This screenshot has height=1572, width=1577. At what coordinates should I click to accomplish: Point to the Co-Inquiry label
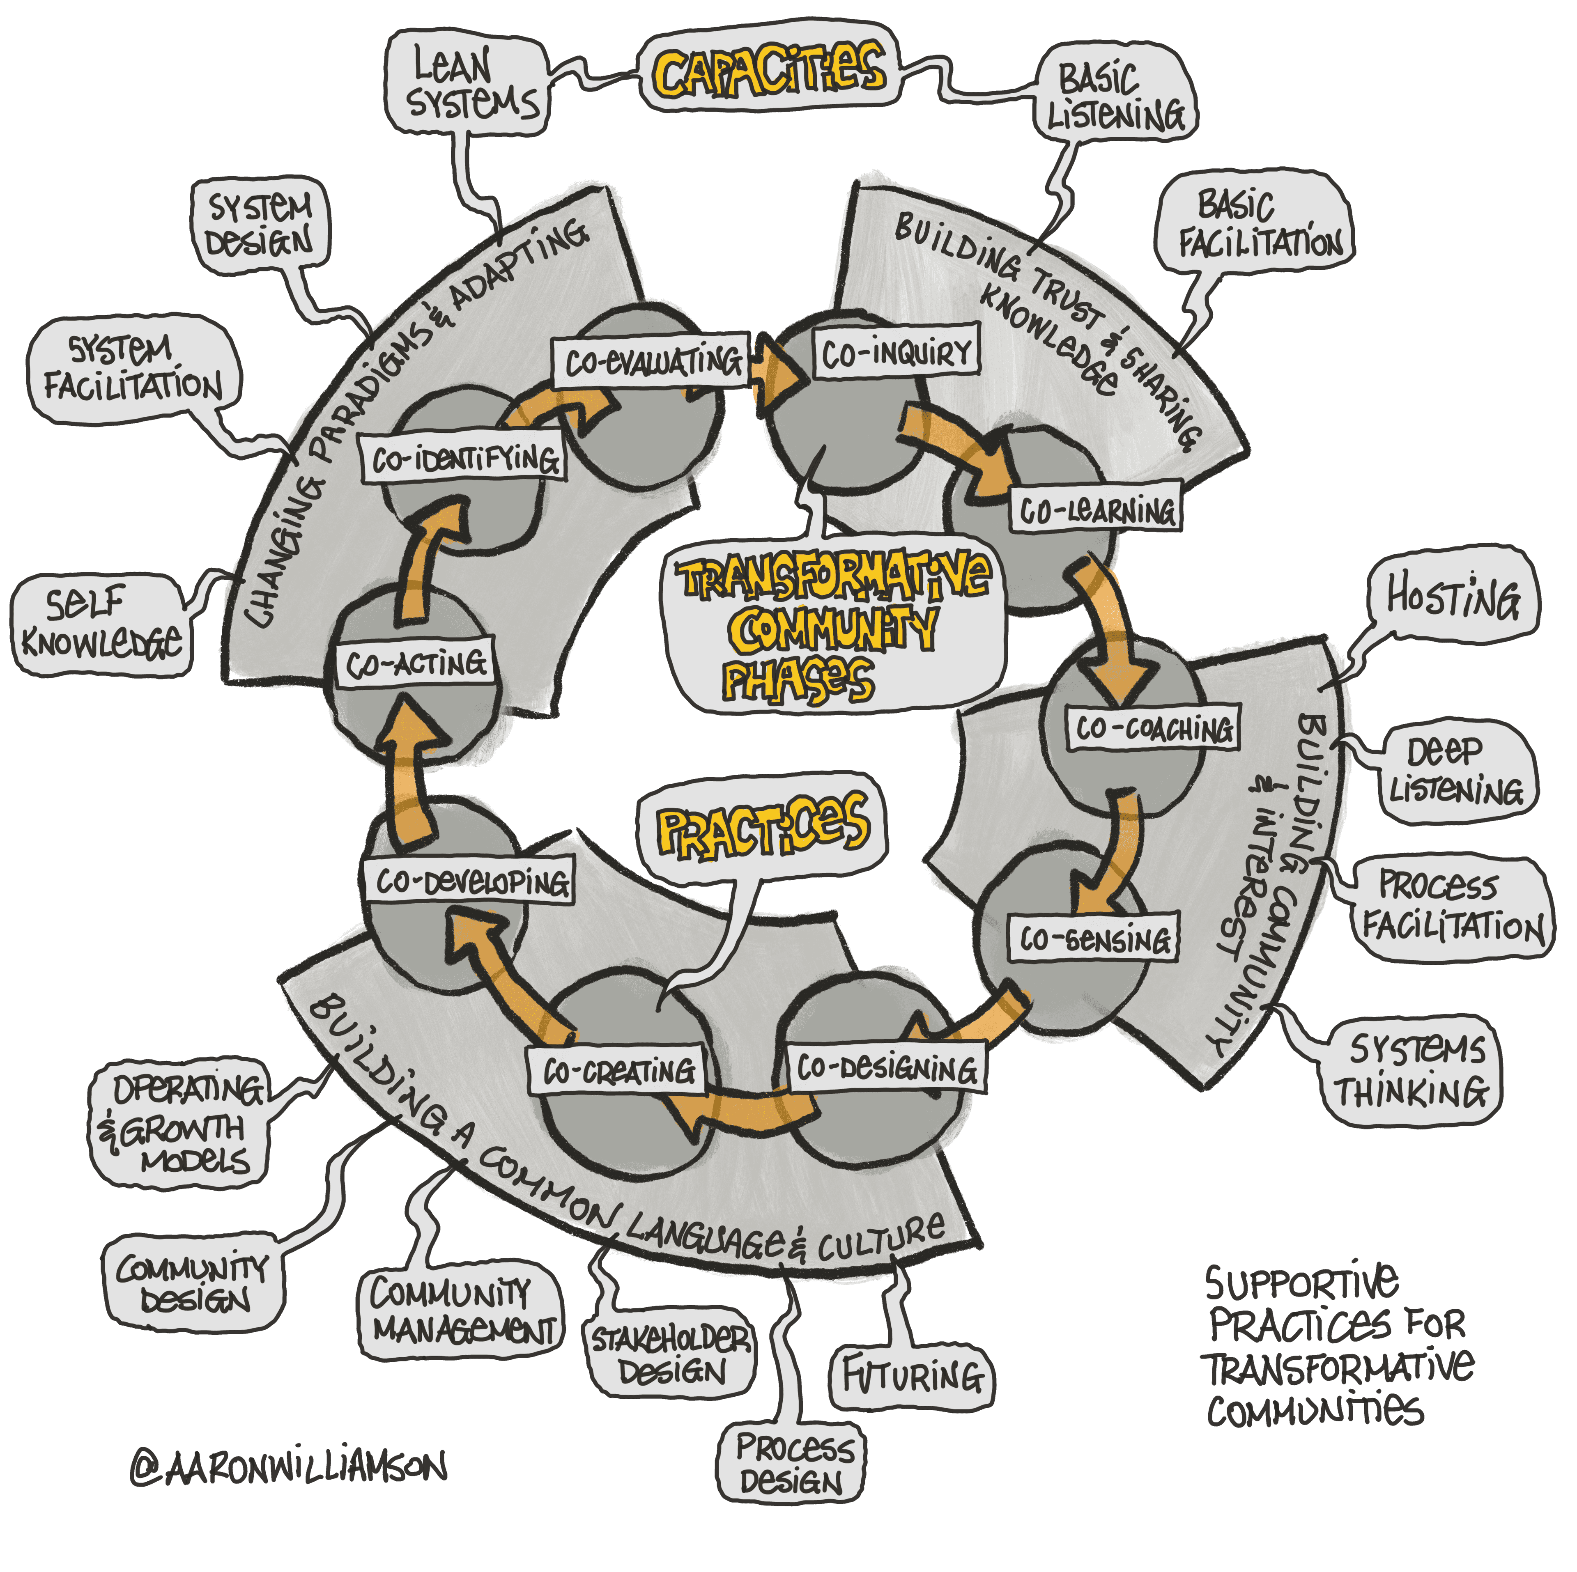[896, 353]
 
